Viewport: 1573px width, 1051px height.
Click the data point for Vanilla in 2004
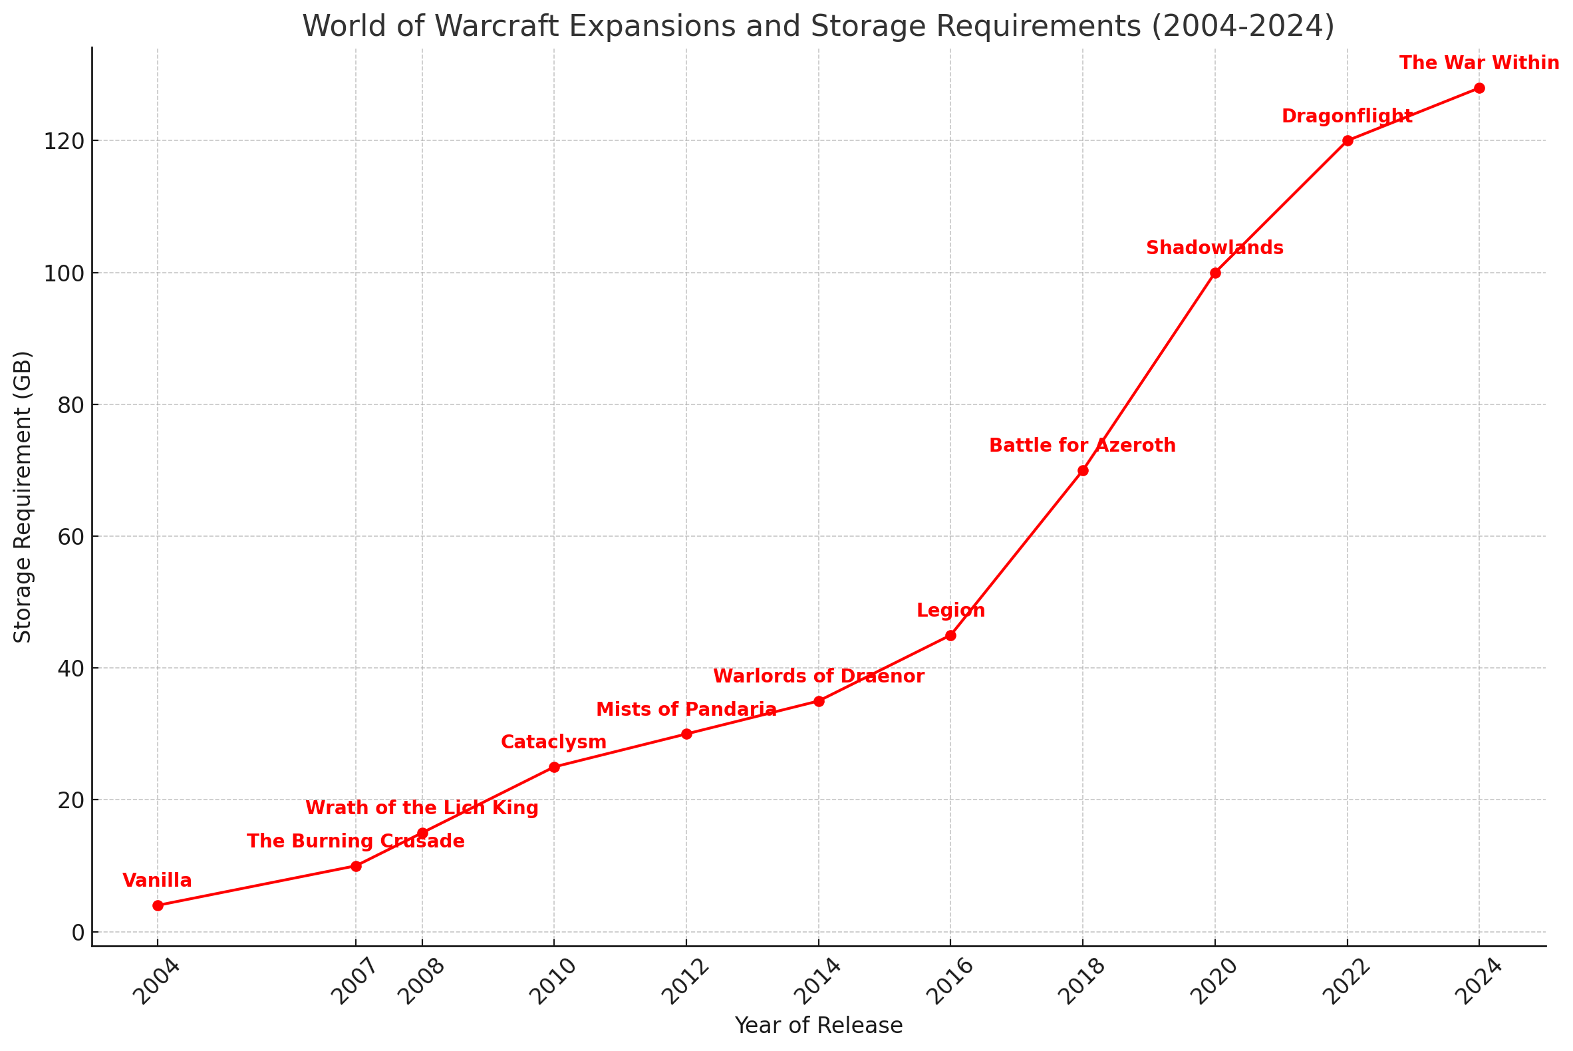[x=158, y=905]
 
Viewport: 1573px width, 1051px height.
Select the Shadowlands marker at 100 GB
[x=1215, y=273]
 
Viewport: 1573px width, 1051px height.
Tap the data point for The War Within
[x=1479, y=88]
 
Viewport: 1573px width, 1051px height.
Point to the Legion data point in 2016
[x=950, y=635]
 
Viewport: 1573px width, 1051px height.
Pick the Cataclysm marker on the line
[x=554, y=767]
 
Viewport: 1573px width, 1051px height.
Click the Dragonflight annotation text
[x=1347, y=116]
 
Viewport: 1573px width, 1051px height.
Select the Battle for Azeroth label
[x=1082, y=446]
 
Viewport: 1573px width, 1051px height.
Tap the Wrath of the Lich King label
[x=422, y=808]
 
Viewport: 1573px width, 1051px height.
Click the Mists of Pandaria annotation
[x=686, y=710]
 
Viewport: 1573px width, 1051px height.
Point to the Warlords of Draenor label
[x=818, y=677]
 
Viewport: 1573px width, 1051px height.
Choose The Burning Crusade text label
[x=356, y=842]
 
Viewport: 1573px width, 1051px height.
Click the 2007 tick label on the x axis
[x=355, y=982]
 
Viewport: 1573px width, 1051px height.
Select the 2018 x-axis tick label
[x=1081, y=982]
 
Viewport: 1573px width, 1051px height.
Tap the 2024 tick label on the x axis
[x=1479, y=982]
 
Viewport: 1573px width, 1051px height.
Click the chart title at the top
[x=818, y=27]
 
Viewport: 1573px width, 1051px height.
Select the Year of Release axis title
[x=818, y=1026]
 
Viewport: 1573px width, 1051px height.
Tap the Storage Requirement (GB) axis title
[x=23, y=497]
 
